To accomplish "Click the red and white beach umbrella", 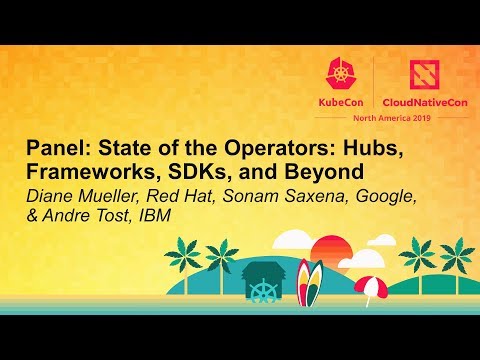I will [x=371, y=286].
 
